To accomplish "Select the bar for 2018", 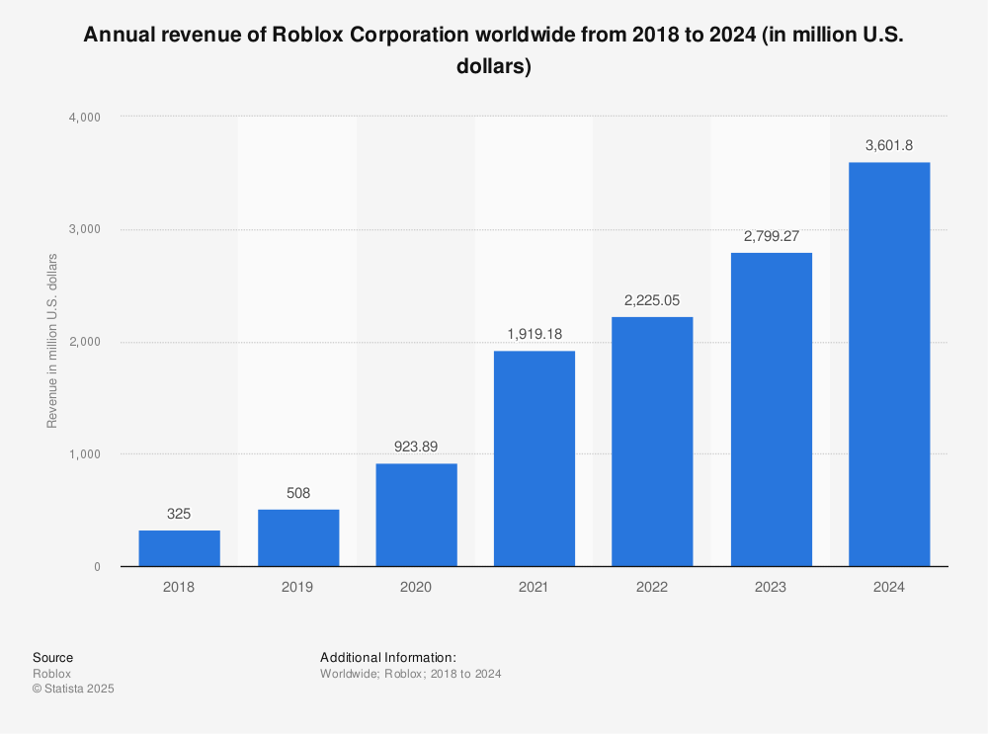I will coord(179,548).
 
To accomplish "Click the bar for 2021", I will coord(534,459).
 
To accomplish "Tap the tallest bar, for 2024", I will coord(889,366).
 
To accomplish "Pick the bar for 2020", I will coord(416,515).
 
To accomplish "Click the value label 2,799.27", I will coord(771,236).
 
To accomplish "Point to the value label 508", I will coord(297,492).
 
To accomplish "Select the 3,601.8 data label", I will coord(889,145).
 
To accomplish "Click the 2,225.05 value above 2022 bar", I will coord(652,300).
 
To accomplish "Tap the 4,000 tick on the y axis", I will coord(84,117).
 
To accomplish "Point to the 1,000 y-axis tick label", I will coord(84,454).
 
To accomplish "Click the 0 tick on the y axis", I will coord(97,567).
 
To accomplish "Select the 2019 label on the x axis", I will coord(297,587).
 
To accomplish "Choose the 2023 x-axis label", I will coord(771,587).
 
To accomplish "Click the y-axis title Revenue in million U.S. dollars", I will coord(52,341).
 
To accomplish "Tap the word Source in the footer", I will coord(52,657).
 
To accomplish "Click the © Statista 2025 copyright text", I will coord(73,690).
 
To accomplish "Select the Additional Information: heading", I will coord(387,657).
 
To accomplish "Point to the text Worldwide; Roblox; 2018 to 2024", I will coord(410,674).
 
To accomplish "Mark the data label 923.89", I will coord(416,447).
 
